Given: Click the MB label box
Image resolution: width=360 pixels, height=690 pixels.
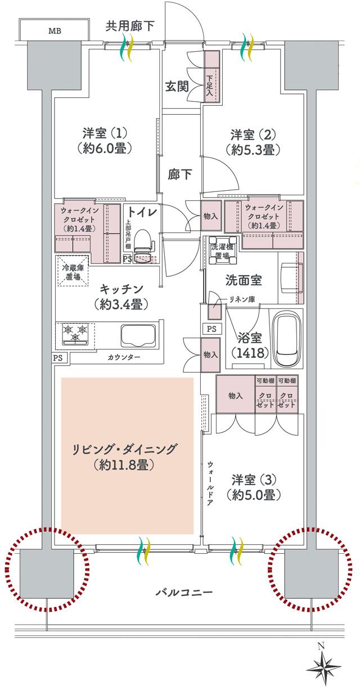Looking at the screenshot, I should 55,29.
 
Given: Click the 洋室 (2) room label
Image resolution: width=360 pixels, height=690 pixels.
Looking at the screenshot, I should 255,142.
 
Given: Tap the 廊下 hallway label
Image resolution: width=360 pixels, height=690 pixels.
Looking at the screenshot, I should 179,174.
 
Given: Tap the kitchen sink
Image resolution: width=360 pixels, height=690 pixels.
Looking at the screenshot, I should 139,337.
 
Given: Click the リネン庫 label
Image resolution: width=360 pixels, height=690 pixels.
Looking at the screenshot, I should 242,299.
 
